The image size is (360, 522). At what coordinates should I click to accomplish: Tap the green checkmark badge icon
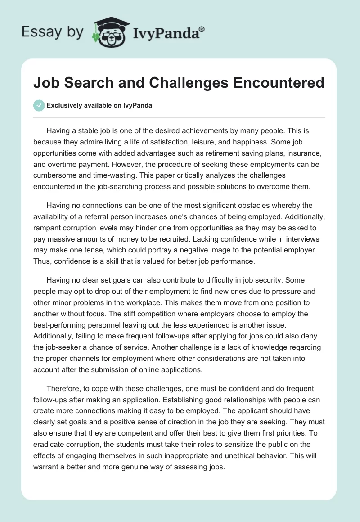tap(39, 105)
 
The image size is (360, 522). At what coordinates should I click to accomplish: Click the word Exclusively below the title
tap(64, 105)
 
